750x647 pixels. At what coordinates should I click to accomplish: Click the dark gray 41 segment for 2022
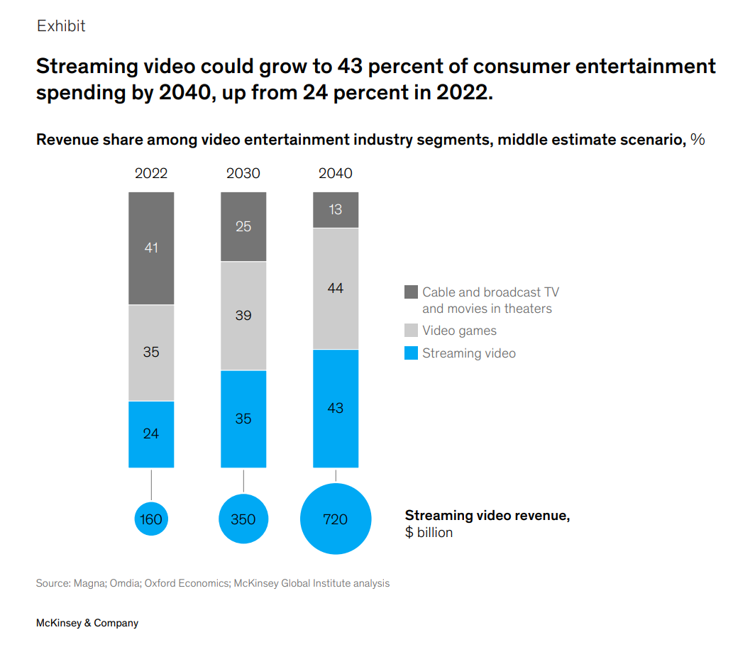(x=151, y=248)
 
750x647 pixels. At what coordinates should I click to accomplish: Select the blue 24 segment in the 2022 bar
(x=151, y=433)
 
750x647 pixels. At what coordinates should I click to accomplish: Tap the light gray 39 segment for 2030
(x=243, y=316)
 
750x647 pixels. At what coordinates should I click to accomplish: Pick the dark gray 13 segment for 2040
(x=336, y=209)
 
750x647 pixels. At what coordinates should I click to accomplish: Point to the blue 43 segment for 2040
(x=336, y=408)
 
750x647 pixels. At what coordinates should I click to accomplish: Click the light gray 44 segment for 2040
(x=336, y=289)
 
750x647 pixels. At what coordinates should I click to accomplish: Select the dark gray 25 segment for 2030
(x=243, y=226)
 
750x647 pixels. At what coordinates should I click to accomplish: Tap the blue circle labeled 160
(x=151, y=519)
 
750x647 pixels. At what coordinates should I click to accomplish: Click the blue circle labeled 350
(x=243, y=519)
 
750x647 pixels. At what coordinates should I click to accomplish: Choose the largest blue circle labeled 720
(x=336, y=519)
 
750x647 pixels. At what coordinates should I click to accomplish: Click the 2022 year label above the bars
(x=151, y=174)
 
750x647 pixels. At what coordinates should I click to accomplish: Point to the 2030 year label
(x=243, y=174)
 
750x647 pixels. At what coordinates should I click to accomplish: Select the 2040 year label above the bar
(x=336, y=174)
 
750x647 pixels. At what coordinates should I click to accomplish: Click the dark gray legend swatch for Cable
(x=411, y=292)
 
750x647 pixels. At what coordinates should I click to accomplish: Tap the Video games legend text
(x=459, y=331)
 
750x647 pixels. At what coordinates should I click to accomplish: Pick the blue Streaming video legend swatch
(x=411, y=353)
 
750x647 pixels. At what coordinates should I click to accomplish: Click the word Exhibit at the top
(x=61, y=26)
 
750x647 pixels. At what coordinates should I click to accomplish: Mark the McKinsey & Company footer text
(x=87, y=624)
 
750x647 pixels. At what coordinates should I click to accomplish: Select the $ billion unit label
(x=429, y=533)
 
